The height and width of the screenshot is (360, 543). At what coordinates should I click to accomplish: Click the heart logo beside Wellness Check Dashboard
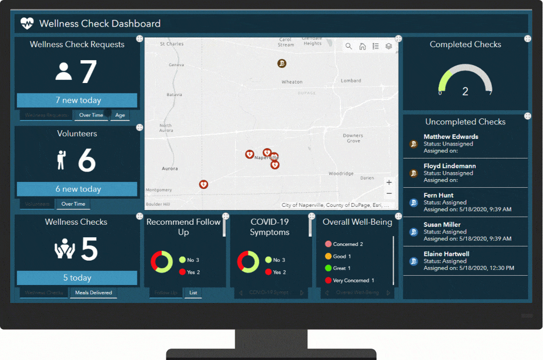point(27,23)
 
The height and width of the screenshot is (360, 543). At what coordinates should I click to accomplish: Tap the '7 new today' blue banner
point(77,100)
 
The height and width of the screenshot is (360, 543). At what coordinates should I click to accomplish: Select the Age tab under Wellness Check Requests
point(120,115)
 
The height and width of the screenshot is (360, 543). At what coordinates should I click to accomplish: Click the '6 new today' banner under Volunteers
point(77,189)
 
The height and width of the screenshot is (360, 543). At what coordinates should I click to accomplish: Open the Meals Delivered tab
point(93,293)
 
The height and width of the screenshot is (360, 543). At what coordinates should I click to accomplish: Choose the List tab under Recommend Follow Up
point(193,293)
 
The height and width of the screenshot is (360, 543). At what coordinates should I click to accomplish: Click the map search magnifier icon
point(349,47)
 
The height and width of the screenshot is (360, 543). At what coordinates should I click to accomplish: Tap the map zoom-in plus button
point(389,182)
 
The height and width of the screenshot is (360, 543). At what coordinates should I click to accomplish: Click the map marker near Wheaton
point(282,64)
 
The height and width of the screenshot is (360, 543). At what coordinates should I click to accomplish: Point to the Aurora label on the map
point(170,169)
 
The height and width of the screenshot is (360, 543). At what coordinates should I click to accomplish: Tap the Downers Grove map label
point(353,138)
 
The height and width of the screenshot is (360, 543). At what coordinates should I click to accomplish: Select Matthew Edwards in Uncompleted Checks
point(451,137)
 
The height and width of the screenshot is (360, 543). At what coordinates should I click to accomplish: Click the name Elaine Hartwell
point(446,254)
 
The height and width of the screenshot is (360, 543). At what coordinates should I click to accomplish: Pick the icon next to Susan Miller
point(414,232)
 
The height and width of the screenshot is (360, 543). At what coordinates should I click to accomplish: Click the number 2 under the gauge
point(465,92)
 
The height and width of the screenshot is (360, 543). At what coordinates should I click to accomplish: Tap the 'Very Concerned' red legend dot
point(328,281)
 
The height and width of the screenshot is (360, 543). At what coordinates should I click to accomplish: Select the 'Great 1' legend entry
point(342,268)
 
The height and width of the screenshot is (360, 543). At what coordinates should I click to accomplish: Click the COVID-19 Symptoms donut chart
point(248,262)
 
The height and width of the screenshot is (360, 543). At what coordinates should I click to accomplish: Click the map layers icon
point(389,47)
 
